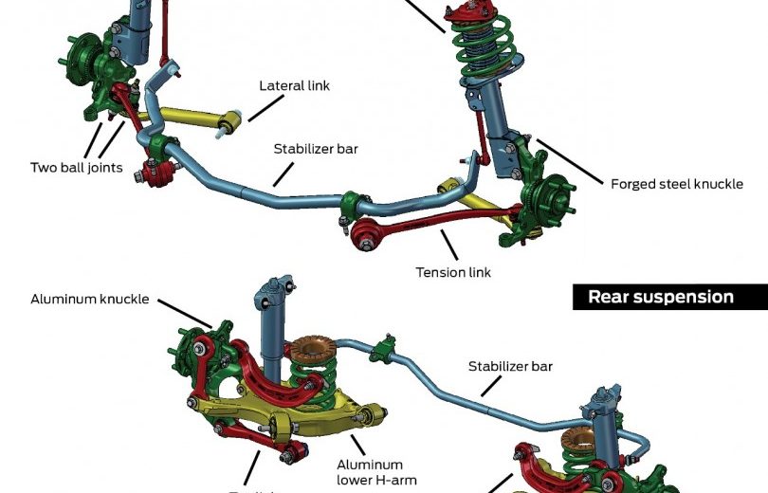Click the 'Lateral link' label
[x=294, y=85]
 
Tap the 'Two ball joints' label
[x=76, y=168]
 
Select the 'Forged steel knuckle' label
[x=676, y=184]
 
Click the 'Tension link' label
[x=453, y=272]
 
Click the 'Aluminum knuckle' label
[x=89, y=299]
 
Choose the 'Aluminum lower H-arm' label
[x=369, y=471]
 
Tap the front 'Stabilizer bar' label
[x=316, y=149]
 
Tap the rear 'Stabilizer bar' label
[x=510, y=365]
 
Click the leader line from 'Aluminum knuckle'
[x=185, y=312]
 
